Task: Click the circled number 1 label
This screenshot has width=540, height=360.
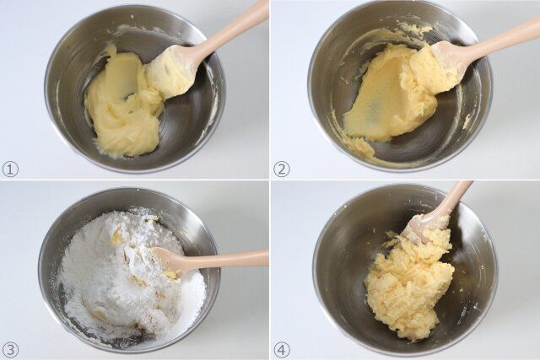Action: coord(10,169)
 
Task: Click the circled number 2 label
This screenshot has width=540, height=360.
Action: coord(282,169)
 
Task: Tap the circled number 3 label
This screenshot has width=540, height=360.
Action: coord(10,349)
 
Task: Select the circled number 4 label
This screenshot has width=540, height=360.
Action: coord(282,349)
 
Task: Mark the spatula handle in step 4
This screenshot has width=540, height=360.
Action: coord(456,198)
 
